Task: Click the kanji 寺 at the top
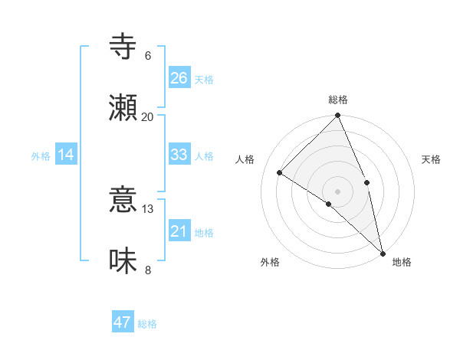click(123, 47)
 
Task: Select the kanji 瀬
click(123, 107)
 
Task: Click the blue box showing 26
click(179, 78)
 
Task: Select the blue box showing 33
click(179, 155)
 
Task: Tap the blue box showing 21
click(179, 231)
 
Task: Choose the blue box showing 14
click(66, 155)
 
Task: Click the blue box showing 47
click(123, 322)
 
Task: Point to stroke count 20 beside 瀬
click(147, 117)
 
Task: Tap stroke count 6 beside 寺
click(147, 56)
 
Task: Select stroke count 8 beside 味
click(147, 270)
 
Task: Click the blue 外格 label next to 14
click(41, 156)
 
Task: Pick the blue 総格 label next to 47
click(147, 324)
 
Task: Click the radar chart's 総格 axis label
click(338, 100)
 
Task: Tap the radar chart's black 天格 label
click(431, 159)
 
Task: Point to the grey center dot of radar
click(338, 191)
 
